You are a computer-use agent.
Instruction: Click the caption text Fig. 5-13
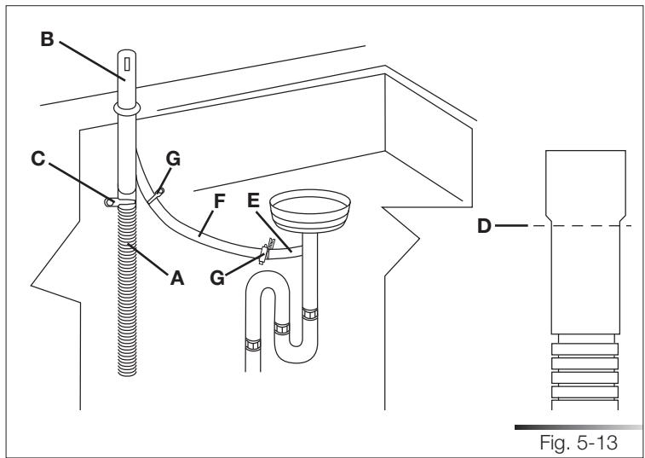click(x=590, y=441)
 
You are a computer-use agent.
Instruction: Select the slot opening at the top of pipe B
click(x=127, y=66)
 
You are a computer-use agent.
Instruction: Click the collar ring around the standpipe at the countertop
click(x=127, y=109)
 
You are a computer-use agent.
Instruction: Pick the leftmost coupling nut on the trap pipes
click(x=251, y=345)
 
